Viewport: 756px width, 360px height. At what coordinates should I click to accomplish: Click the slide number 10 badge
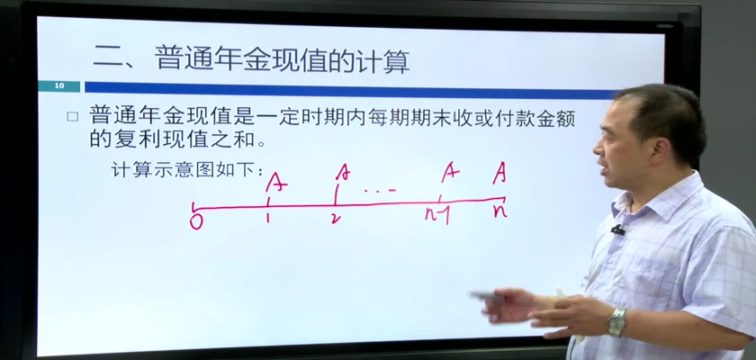pyautogui.click(x=59, y=86)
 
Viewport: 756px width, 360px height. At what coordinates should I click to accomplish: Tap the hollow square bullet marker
pyautogui.click(x=72, y=117)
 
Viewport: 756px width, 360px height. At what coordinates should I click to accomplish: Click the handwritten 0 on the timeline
pyautogui.click(x=196, y=221)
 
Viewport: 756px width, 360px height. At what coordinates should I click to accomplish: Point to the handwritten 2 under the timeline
pyautogui.click(x=336, y=218)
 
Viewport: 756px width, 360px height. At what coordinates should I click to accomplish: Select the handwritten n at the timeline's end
pyautogui.click(x=500, y=211)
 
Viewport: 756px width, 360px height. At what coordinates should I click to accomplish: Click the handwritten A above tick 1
pyautogui.click(x=275, y=182)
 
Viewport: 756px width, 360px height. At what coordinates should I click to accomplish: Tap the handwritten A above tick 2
pyautogui.click(x=343, y=172)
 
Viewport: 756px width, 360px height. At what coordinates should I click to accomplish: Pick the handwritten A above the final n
pyautogui.click(x=499, y=173)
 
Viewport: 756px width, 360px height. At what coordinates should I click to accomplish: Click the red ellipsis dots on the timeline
pyautogui.click(x=381, y=191)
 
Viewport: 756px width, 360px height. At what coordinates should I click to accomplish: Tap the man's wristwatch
pyautogui.click(x=616, y=322)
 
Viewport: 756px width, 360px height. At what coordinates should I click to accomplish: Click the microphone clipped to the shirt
pyautogui.click(x=617, y=230)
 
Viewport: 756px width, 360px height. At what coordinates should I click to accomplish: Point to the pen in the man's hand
pyautogui.click(x=487, y=295)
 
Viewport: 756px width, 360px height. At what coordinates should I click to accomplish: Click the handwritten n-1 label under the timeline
pyautogui.click(x=437, y=213)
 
